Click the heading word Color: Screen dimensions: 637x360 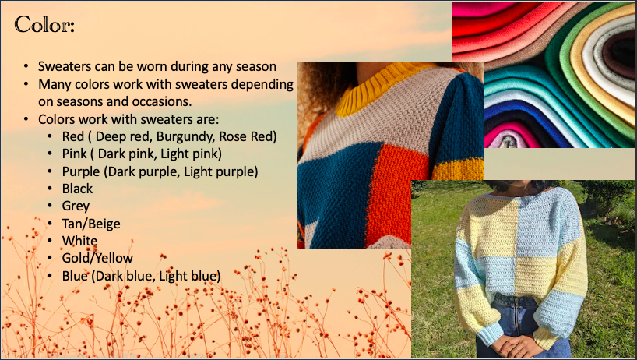[x=44, y=25]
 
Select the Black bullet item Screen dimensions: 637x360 [x=77, y=189]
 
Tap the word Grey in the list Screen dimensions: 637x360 [x=76, y=206]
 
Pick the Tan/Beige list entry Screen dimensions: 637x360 [x=91, y=224]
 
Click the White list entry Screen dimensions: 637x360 [x=79, y=241]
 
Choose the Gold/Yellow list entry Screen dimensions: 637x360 [x=97, y=258]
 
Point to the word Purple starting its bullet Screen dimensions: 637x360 [x=81, y=171]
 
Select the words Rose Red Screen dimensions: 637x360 [x=248, y=136]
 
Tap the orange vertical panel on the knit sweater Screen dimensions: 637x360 [x=396, y=191]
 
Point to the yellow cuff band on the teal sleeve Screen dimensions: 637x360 [x=457, y=170]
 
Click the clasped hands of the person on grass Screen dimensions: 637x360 [x=511, y=344]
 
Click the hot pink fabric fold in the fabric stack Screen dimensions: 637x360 [x=510, y=133]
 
